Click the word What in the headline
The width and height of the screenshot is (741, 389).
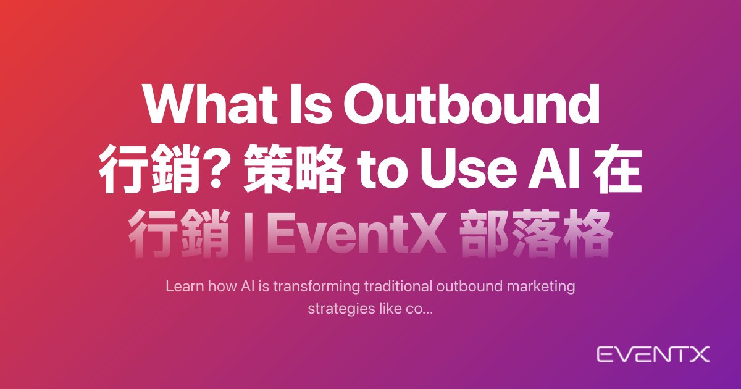coord(211,104)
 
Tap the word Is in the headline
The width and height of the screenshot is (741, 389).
coord(311,104)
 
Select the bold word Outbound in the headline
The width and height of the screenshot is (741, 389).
coord(472,104)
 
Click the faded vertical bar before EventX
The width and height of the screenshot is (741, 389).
coord(249,235)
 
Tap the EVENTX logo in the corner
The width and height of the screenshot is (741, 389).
coord(653,354)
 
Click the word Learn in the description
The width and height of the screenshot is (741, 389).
coord(185,286)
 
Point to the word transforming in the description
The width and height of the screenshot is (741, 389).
coord(317,287)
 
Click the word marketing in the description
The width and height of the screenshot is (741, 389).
coord(541,287)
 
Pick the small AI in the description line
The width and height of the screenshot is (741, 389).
coord(248,287)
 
